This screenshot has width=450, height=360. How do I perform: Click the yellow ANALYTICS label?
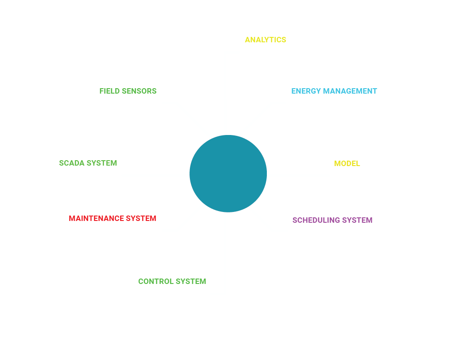click(x=265, y=40)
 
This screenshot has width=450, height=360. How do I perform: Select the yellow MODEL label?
click(x=347, y=163)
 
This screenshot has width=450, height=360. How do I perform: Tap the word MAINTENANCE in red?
click(x=96, y=218)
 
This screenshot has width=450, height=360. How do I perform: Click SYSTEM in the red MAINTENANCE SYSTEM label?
click(x=141, y=218)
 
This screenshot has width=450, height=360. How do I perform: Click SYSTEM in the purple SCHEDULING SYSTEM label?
click(x=357, y=220)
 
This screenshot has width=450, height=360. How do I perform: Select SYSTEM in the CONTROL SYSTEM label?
click(x=191, y=281)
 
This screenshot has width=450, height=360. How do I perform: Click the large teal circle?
click(x=228, y=173)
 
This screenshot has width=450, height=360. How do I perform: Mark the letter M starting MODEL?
click(x=337, y=163)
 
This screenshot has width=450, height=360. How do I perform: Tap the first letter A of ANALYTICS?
click(x=247, y=40)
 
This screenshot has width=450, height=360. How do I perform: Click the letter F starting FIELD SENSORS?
click(x=102, y=91)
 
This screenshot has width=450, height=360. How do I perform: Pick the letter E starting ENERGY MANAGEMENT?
click(x=293, y=91)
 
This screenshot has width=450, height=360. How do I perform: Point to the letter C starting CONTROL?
click(x=141, y=281)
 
